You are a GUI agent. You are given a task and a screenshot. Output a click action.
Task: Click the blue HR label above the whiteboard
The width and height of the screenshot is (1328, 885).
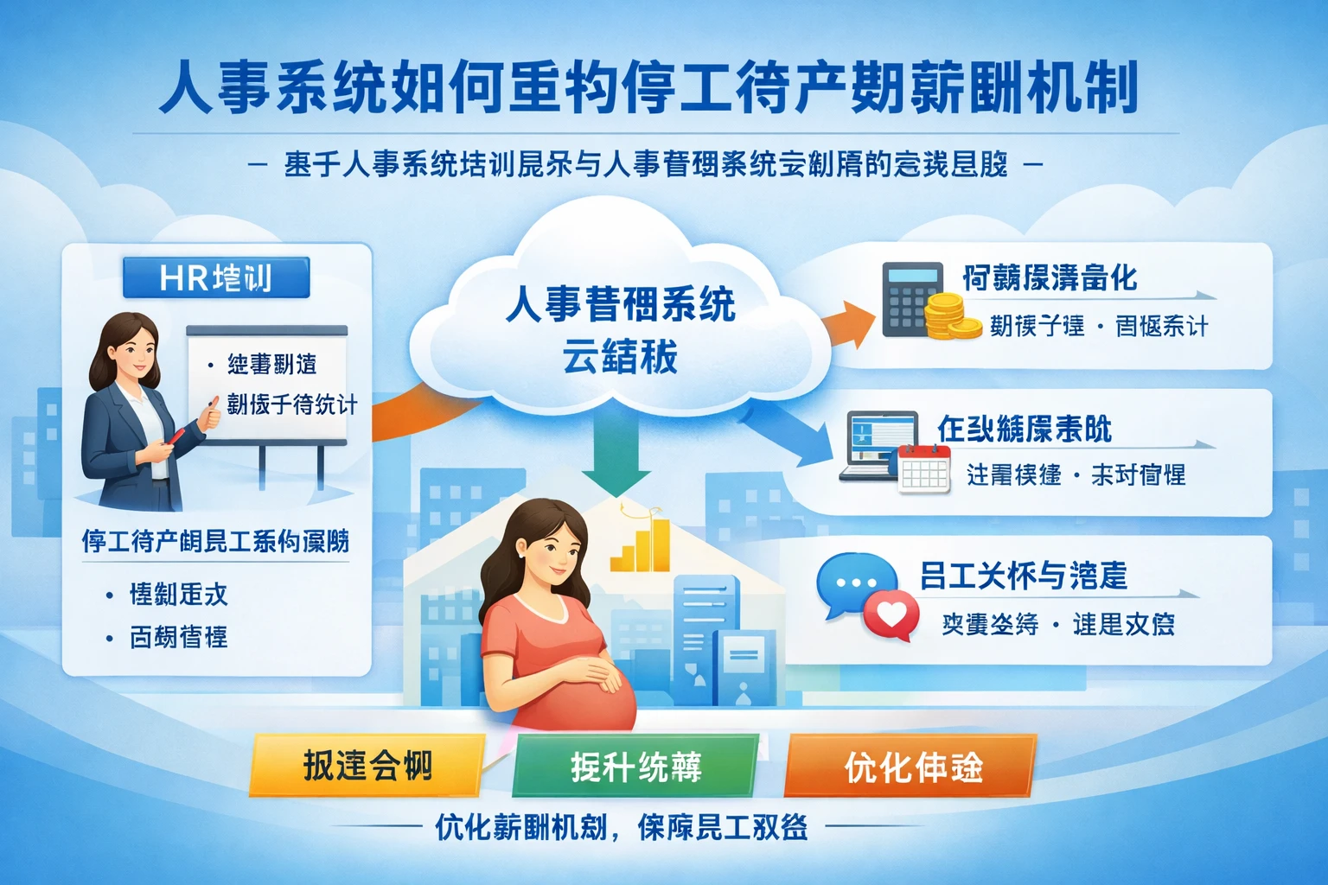(x=216, y=278)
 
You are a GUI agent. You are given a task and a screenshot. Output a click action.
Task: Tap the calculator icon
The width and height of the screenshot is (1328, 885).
(x=911, y=298)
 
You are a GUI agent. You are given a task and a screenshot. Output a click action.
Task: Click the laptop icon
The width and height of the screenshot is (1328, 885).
(x=873, y=444)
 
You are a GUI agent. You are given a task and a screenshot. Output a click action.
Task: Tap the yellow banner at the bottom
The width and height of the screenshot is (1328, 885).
(x=367, y=766)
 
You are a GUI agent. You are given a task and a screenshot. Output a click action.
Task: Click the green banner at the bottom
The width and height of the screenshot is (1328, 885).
(x=635, y=766)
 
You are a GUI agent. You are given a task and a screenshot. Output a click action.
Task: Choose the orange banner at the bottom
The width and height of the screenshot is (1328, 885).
(x=911, y=766)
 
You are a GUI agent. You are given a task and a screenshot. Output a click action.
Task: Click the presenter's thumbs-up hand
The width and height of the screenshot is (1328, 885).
(x=210, y=417)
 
